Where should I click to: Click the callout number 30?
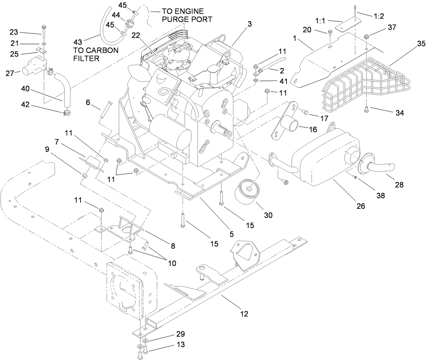coord(268,215)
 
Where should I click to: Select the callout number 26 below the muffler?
coord(361,205)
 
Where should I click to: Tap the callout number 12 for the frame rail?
coord(244,314)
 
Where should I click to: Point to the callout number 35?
coord(411,43)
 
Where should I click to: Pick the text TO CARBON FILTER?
coord(96,54)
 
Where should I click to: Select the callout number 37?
coord(392,28)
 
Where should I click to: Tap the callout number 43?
coord(78,42)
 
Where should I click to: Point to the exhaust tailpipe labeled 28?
coord(381,167)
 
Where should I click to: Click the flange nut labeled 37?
coord(367,36)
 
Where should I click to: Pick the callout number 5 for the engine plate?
coord(232,234)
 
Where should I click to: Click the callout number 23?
coord(14,32)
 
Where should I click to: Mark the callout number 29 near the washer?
coord(180,334)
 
